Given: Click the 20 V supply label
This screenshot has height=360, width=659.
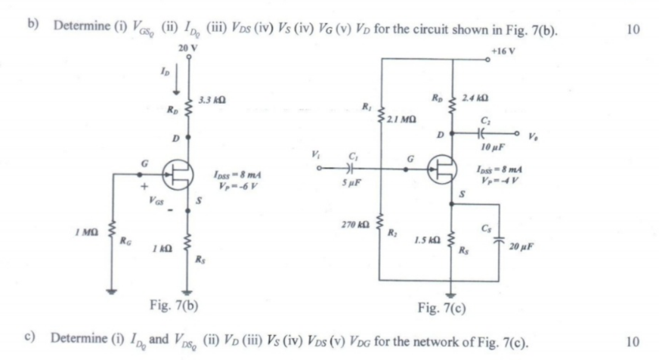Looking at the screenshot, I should [x=185, y=48].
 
